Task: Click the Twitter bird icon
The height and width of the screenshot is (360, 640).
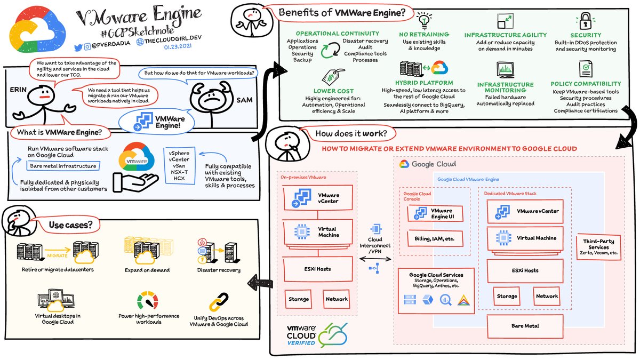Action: [x=78, y=47]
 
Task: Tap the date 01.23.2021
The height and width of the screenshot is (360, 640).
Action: [x=178, y=46]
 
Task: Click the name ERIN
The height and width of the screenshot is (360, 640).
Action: [x=18, y=90]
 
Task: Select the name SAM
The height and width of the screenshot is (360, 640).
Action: [x=244, y=100]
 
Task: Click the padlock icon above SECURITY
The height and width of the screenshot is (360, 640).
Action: [x=585, y=21]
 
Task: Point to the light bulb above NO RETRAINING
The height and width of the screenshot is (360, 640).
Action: [x=424, y=21]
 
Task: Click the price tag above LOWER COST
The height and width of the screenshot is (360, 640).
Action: [x=333, y=77]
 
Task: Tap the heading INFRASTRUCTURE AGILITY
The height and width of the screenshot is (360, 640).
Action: [x=506, y=35]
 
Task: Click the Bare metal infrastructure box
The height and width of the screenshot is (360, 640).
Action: [x=63, y=166]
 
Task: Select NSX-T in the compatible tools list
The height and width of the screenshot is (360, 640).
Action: [x=179, y=172]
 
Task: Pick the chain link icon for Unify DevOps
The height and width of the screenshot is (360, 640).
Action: [x=219, y=302]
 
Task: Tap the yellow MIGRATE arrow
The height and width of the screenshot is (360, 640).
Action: [x=58, y=250]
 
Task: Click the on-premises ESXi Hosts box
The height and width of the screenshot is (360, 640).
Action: [x=317, y=269]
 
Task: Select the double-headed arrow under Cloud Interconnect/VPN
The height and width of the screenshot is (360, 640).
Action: [x=375, y=259]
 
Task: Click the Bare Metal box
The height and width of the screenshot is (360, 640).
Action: [x=525, y=326]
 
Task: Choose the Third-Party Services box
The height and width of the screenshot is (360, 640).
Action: [x=598, y=247]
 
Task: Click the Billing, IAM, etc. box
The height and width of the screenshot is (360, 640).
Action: [x=435, y=238]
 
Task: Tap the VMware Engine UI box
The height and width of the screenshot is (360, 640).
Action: [x=435, y=213]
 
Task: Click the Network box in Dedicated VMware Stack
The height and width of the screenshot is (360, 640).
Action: [x=547, y=297]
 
